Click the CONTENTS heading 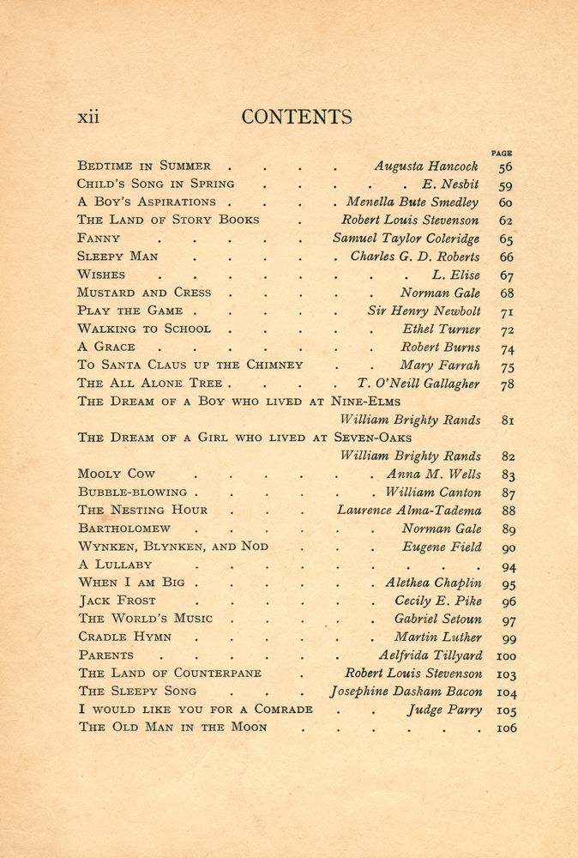pyautogui.click(x=297, y=118)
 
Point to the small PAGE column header pyautogui.click(x=502, y=153)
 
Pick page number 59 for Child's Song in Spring pyautogui.click(x=505, y=184)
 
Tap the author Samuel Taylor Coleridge pyautogui.click(x=406, y=239)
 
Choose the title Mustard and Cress pyautogui.click(x=144, y=293)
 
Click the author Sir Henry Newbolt pyautogui.click(x=424, y=311)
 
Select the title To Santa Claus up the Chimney pyautogui.click(x=190, y=365)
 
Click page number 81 pyautogui.click(x=505, y=420)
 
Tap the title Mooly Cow pyautogui.click(x=117, y=474)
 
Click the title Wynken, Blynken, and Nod pyautogui.click(x=172, y=547)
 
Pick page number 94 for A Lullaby pyautogui.click(x=505, y=566)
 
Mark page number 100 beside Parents pyautogui.click(x=503, y=656)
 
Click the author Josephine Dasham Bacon pyautogui.click(x=406, y=692)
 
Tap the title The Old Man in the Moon pyautogui.click(x=172, y=728)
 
